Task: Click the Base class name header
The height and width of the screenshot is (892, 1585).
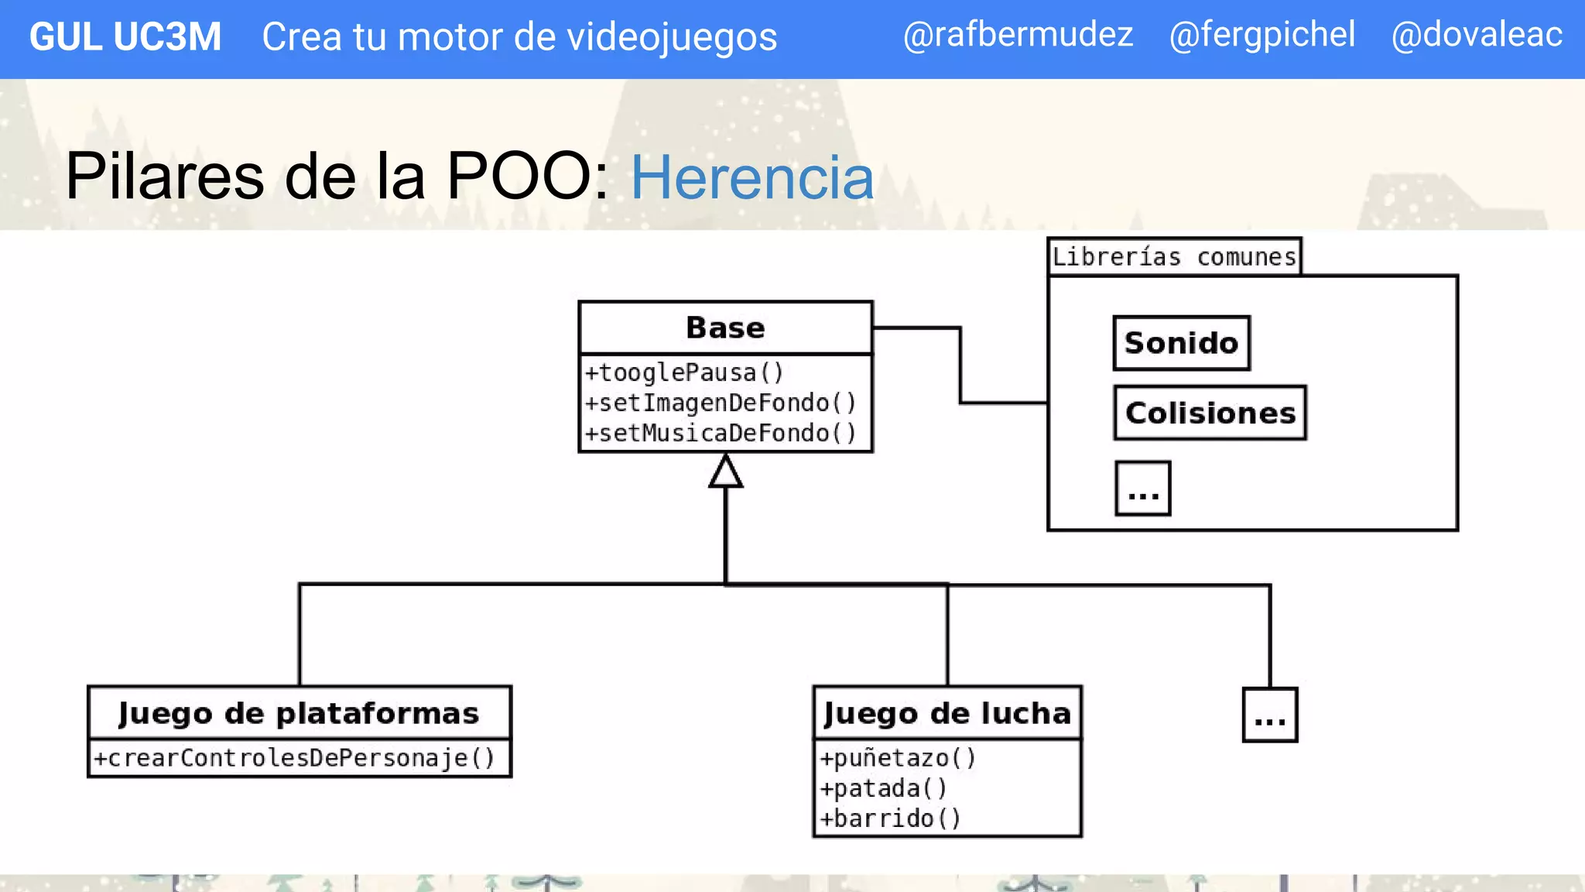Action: [725, 328]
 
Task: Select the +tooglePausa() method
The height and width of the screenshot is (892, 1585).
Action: [684, 372]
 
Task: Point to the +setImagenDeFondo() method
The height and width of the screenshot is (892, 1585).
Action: [721, 403]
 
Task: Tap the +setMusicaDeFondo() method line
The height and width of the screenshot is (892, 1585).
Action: [721, 433]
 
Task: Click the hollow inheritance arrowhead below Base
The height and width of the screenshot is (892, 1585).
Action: [725, 472]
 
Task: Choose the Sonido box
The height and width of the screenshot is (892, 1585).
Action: [1181, 343]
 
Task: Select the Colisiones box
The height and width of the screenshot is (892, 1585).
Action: [1210, 413]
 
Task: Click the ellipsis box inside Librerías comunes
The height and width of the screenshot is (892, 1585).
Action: [1142, 489]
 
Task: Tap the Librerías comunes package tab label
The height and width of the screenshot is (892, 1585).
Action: [1173, 256]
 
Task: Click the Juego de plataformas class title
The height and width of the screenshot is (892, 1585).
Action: [299, 713]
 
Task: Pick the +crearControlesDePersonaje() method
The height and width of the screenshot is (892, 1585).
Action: [294, 758]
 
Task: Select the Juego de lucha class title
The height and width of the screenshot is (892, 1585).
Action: [947, 713]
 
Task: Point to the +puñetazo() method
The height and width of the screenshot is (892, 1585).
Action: [898, 758]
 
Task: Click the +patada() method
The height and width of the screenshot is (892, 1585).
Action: [883, 788]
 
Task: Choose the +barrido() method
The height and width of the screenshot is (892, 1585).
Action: [890, 818]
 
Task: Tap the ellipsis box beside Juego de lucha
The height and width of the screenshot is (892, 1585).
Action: [1269, 715]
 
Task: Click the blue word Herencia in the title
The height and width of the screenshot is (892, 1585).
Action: [751, 177]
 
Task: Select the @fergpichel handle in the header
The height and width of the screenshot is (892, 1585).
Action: [1261, 35]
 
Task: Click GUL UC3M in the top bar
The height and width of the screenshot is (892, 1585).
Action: [125, 36]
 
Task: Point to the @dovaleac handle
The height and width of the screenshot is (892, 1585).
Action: [1476, 35]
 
